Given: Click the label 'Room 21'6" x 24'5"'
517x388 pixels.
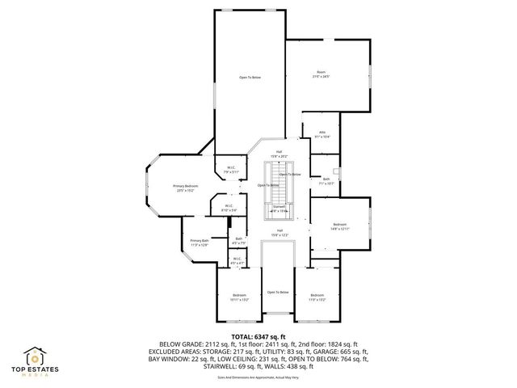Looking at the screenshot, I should tap(322, 74).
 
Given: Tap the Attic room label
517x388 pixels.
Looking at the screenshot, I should tap(322, 135).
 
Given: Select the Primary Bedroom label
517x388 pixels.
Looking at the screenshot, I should tap(186, 189).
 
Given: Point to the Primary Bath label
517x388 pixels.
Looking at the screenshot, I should tap(200, 242).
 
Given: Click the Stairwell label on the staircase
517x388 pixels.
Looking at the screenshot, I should tap(280, 209).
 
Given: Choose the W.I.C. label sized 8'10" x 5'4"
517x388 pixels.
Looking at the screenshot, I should tap(229, 209).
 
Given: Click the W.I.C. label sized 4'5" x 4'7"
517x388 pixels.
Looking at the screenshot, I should tap(237, 263).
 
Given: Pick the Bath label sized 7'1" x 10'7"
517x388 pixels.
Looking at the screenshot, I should tap(326, 181).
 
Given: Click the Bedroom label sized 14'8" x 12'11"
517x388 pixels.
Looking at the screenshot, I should tap(340, 226).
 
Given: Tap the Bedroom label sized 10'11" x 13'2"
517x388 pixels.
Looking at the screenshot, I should tap(238, 297).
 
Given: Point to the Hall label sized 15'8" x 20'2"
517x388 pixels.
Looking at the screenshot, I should tap(280, 154).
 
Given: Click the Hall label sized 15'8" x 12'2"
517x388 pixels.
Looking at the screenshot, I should tap(279, 233).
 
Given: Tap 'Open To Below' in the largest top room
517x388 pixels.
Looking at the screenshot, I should tap(250, 77).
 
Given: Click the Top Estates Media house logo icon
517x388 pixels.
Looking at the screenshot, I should tap(37, 357).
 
